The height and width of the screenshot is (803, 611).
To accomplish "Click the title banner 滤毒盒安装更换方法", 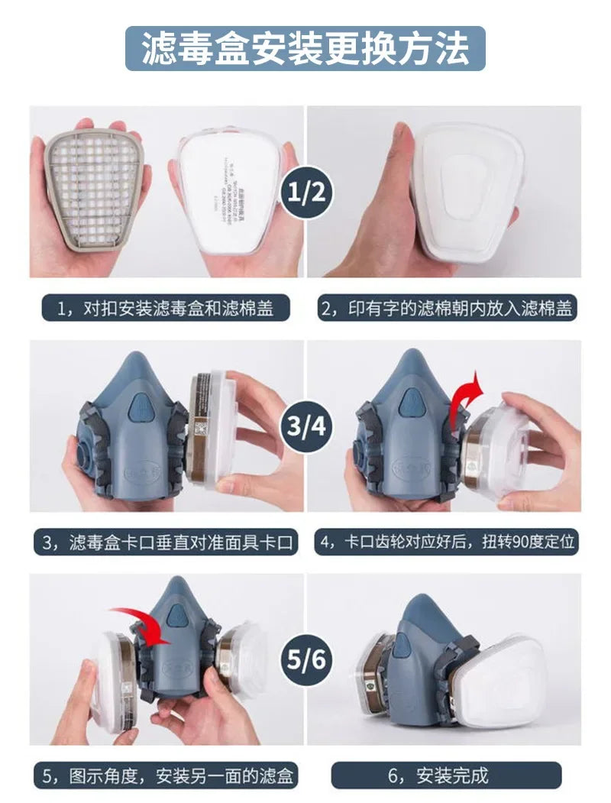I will click(x=305, y=49).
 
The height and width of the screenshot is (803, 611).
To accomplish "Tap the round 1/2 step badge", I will click(x=305, y=190).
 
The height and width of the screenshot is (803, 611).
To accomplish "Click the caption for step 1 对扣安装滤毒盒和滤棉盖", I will click(x=164, y=309).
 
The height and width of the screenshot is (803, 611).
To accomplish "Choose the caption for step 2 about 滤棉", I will click(x=447, y=309).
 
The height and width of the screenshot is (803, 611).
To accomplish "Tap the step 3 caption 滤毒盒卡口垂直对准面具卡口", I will click(x=166, y=542).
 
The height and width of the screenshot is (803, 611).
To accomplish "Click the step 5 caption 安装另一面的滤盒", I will click(x=166, y=775).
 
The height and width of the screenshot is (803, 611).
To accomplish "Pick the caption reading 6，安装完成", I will click(x=446, y=775).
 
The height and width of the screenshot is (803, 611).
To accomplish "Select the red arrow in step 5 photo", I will click(x=145, y=623).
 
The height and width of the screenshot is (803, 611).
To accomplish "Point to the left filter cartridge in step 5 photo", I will click(x=115, y=672).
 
